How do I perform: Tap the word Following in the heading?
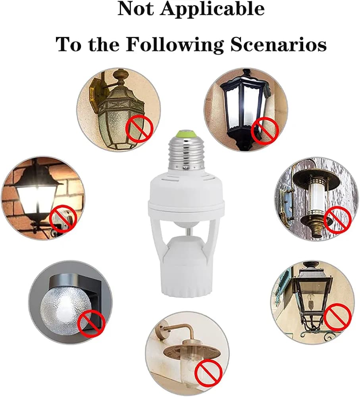(x=175, y=45)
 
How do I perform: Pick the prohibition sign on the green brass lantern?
(x=139, y=128)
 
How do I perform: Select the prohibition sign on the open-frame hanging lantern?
(x=338, y=317)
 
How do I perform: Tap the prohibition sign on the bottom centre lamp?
(x=209, y=372)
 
